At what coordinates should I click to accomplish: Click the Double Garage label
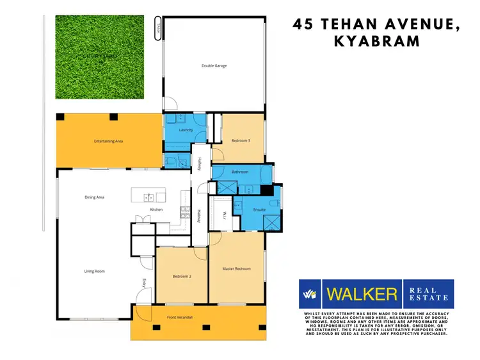tap(214, 66)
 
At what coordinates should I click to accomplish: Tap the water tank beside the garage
tap(157, 30)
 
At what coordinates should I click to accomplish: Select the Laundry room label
tap(186, 130)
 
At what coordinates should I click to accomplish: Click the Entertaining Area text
tap(108, 140)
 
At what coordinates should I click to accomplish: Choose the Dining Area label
tap(95, 197)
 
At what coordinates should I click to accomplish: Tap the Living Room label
tap(94, 271)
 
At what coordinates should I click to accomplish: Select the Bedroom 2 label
tap(182, 276)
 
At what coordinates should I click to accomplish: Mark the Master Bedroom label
tap(236, 268)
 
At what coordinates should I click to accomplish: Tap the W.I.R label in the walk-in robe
tap(225, 215)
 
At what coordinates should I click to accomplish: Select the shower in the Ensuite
tap(271, 223)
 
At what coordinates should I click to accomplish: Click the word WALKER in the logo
tap(362, 295)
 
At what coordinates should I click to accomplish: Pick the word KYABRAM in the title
tap(378, 41)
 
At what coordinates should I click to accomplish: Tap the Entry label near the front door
tap(145, 282)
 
